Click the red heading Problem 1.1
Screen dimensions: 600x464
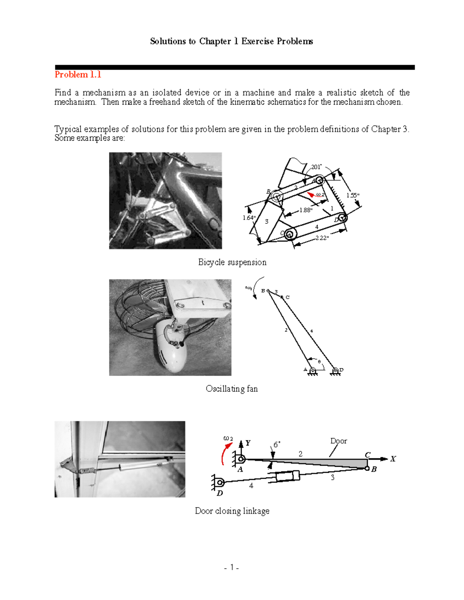78,75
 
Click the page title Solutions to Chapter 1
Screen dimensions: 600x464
231,41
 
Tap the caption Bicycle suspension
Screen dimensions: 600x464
232,262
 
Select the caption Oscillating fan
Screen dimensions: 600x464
232,389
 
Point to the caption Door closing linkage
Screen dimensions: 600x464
232,511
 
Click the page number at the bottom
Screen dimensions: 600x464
231,568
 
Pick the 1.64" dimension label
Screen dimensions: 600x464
249,218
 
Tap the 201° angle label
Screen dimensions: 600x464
316,167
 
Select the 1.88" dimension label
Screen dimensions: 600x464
305,210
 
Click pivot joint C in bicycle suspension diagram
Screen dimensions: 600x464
290,234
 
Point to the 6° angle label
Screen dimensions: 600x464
277,445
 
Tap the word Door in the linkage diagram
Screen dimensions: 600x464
338,441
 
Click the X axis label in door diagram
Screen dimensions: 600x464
393,459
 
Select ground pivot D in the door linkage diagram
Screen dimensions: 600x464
220,482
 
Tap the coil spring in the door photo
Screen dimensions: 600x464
88,471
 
